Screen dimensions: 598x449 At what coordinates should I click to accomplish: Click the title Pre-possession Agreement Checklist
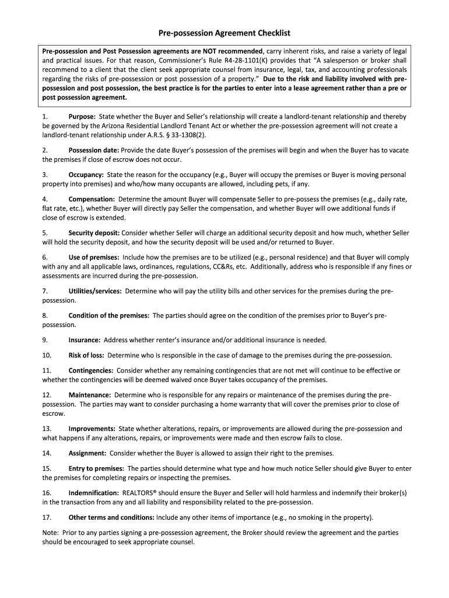tap(224, 33)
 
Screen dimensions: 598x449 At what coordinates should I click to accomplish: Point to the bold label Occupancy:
tap(86, 175)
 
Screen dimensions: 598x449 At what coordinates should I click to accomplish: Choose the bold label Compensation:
tap(92, 199)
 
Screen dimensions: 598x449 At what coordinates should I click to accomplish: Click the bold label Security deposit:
tap(94, 232)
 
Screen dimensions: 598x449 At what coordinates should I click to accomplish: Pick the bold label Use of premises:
tap(94, 257)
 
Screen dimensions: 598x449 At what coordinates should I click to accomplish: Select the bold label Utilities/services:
tap(95, 290)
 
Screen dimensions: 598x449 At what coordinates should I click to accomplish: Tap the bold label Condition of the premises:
tap(109, 315)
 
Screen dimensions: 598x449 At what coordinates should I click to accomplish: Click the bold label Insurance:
tap(85, 340)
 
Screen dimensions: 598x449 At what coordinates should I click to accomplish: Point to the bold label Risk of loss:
tap(86, 355)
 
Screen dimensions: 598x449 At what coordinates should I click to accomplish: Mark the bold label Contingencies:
tap(90, 370)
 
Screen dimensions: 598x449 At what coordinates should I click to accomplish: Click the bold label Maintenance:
tap(90, 395)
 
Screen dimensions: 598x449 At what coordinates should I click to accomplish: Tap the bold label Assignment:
tap(87, 453)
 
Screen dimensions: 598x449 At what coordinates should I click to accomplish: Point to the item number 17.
tap(47, 517)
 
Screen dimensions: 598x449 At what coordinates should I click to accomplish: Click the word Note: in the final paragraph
tap(51, 533)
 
